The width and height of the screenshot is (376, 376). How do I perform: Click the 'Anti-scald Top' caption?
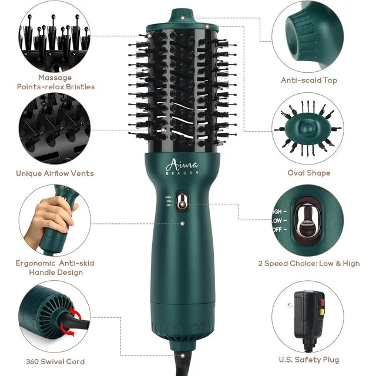pyautogui.click(x=309, y=80)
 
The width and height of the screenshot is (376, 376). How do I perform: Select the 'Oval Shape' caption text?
pyautogui.click(x=309, y=173)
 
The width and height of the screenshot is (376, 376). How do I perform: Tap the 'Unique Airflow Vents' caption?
pyautogui.click(x=55, y=173)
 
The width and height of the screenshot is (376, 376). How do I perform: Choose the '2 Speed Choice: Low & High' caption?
pyautogui.click(x=309, y=263)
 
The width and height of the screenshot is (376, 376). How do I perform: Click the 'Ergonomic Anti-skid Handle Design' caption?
pyautogui.click(x=55, y=267)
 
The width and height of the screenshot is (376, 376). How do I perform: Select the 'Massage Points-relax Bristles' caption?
pyautogui.click(x=55, y=82)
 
